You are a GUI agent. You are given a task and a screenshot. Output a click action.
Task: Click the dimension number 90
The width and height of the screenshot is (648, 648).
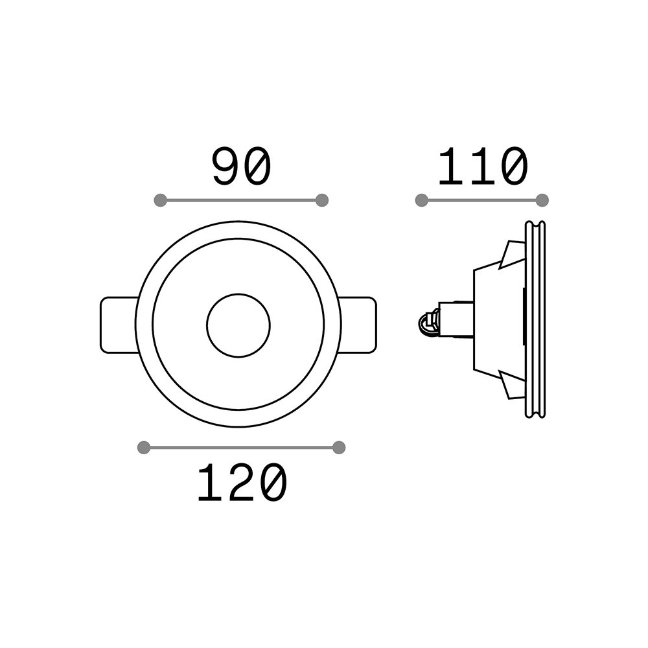241,167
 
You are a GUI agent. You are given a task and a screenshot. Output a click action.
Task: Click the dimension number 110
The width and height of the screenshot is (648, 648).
483,167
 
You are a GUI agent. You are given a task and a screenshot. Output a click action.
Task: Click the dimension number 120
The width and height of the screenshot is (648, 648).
242,482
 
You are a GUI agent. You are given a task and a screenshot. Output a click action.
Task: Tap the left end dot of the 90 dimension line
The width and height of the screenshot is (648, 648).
160,200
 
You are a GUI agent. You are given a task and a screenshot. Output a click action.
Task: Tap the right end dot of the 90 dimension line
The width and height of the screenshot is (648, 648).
321,200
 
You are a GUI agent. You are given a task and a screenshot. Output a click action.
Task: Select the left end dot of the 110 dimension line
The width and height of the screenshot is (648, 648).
422,200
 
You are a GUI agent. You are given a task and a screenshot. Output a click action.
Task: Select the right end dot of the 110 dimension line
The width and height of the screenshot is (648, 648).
542,200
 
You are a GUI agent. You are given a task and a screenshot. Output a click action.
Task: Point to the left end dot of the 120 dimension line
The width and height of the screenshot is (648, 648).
143,448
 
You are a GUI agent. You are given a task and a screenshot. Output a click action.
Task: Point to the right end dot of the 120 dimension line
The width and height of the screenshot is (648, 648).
338,448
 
